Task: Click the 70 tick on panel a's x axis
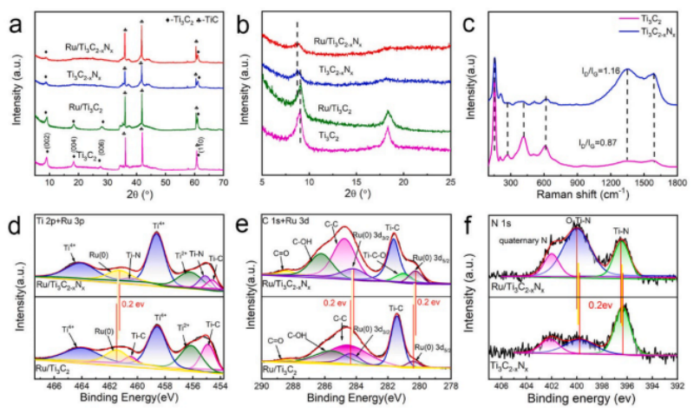click(223, 184)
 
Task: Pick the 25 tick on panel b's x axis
click(449, 184)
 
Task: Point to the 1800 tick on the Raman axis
click(677, 184)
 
